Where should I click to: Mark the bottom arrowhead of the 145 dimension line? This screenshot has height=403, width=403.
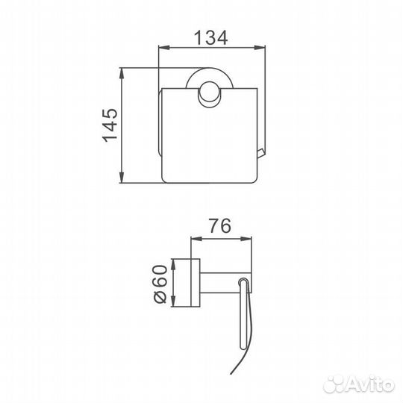(x=123, y=177)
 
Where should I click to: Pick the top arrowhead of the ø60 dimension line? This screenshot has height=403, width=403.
(x=173, y=263)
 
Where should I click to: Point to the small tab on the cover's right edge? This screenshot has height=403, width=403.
(x=261, y=153)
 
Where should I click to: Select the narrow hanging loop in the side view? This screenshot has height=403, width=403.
(x=243, y=313)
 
